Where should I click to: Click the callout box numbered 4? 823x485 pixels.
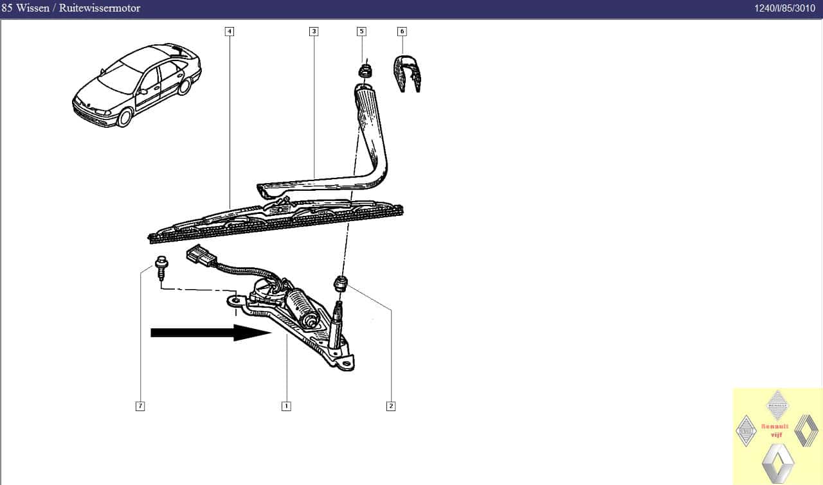click(230, 31)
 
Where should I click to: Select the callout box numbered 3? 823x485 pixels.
click(314, 31)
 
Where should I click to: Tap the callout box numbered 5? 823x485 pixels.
click(361, 31)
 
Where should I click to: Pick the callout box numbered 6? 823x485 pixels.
click(402, 31)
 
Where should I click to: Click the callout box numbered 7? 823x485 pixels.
click(140, 406)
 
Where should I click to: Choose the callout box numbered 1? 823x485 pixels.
click(286, 406)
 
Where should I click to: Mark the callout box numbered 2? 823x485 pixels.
click(391, 406)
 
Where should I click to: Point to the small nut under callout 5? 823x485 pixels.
click(365, 71)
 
